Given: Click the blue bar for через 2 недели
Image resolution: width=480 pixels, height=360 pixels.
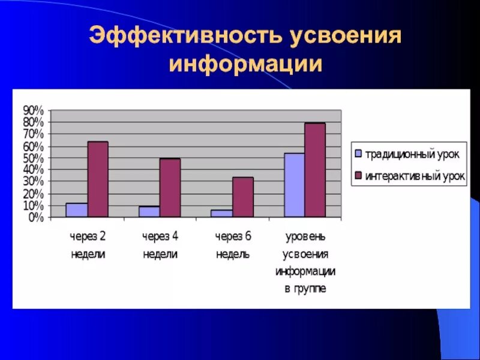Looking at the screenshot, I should click(77, 210).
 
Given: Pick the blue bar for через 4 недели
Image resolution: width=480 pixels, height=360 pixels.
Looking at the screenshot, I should click(149, 211).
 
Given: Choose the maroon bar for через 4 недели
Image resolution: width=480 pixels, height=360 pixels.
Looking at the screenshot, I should click(170, 187).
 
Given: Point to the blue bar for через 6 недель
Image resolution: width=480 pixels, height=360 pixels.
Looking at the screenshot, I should click(222, 213).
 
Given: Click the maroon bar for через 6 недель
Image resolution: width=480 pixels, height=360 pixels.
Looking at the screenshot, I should click(243, 197).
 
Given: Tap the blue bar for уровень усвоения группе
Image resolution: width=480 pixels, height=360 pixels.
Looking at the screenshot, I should click(295, 185).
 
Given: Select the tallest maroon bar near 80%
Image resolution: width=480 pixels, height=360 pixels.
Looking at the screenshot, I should click(315, 170).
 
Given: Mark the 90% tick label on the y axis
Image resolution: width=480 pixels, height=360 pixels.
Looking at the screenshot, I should click(34, 110).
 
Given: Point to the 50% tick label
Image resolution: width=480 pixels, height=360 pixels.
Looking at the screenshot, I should click(34, 158).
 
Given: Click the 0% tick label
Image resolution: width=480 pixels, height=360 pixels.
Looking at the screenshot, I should click(36, 218).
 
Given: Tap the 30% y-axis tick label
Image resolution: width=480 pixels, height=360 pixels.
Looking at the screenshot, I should click(34, 182).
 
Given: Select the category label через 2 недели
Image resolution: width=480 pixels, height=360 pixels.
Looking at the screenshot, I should click(88, 245).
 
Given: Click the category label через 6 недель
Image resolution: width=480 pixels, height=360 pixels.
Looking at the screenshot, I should click(233, 245).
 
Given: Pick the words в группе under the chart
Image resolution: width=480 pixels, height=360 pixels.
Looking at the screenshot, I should click(305, 289).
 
